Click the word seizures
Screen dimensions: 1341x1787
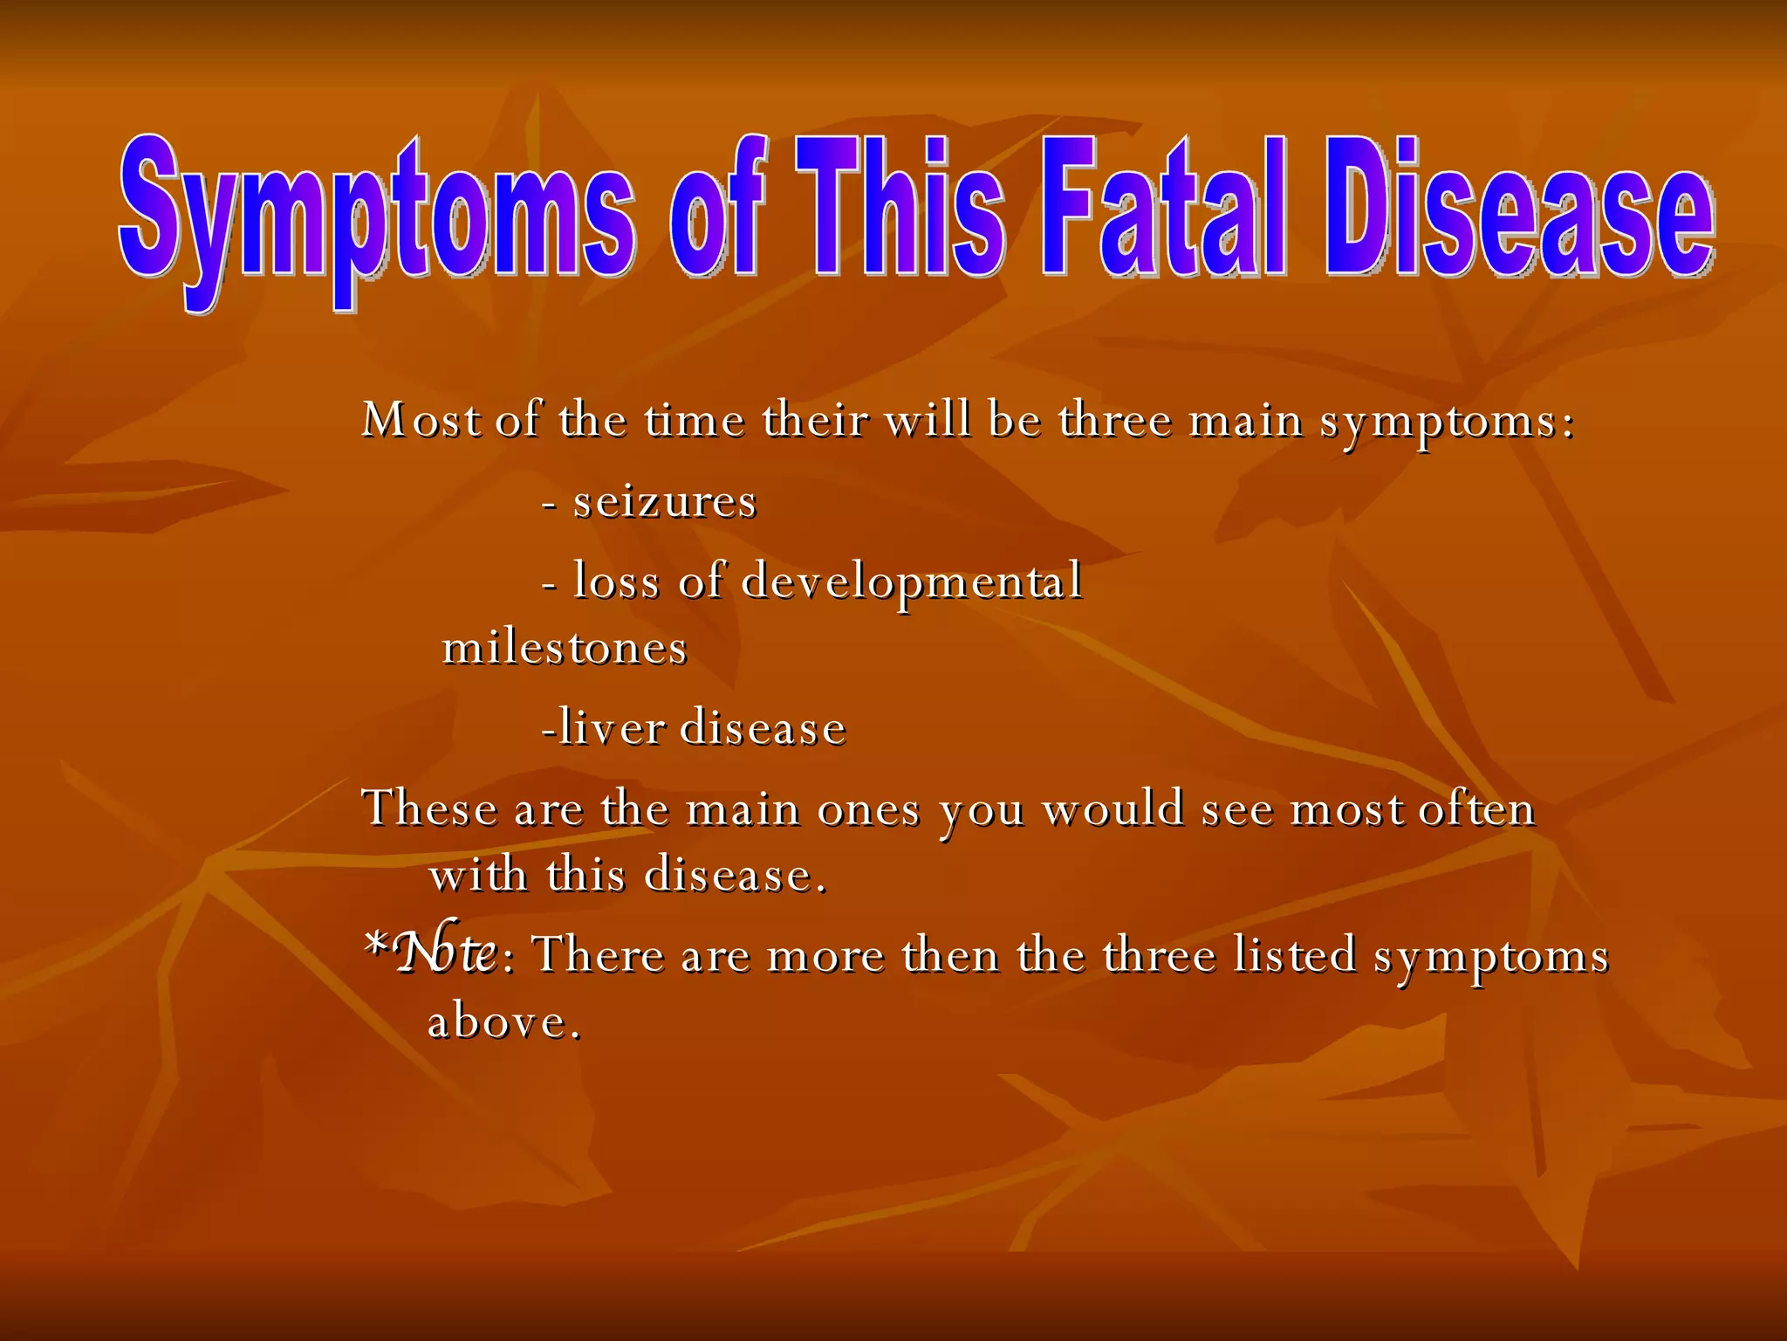coord(664,502)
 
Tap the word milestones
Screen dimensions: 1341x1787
coord(565,649)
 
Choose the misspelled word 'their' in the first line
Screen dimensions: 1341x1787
coord(815,420)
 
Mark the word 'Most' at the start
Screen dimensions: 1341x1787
coord(421,420)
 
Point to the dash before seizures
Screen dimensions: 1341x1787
coord(550,505)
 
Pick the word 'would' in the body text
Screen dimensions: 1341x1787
coord(1113,809)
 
